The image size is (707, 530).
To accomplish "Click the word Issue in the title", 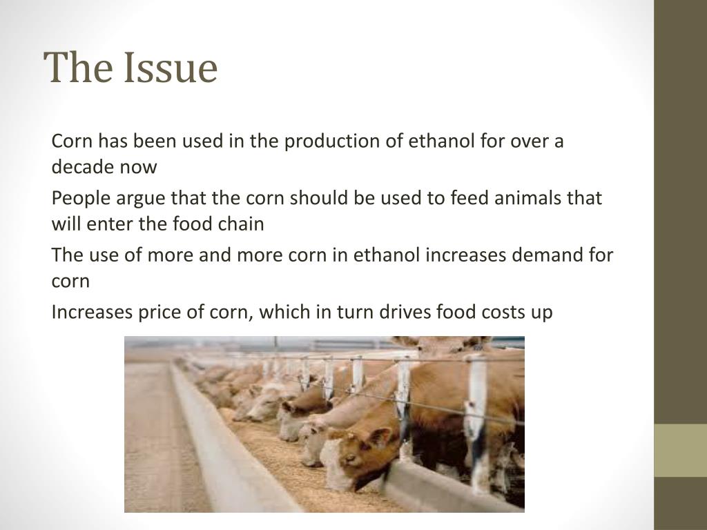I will click(171, 68).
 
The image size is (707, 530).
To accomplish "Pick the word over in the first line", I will click(527, 141).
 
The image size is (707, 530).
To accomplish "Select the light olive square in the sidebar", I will click(680, 450).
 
